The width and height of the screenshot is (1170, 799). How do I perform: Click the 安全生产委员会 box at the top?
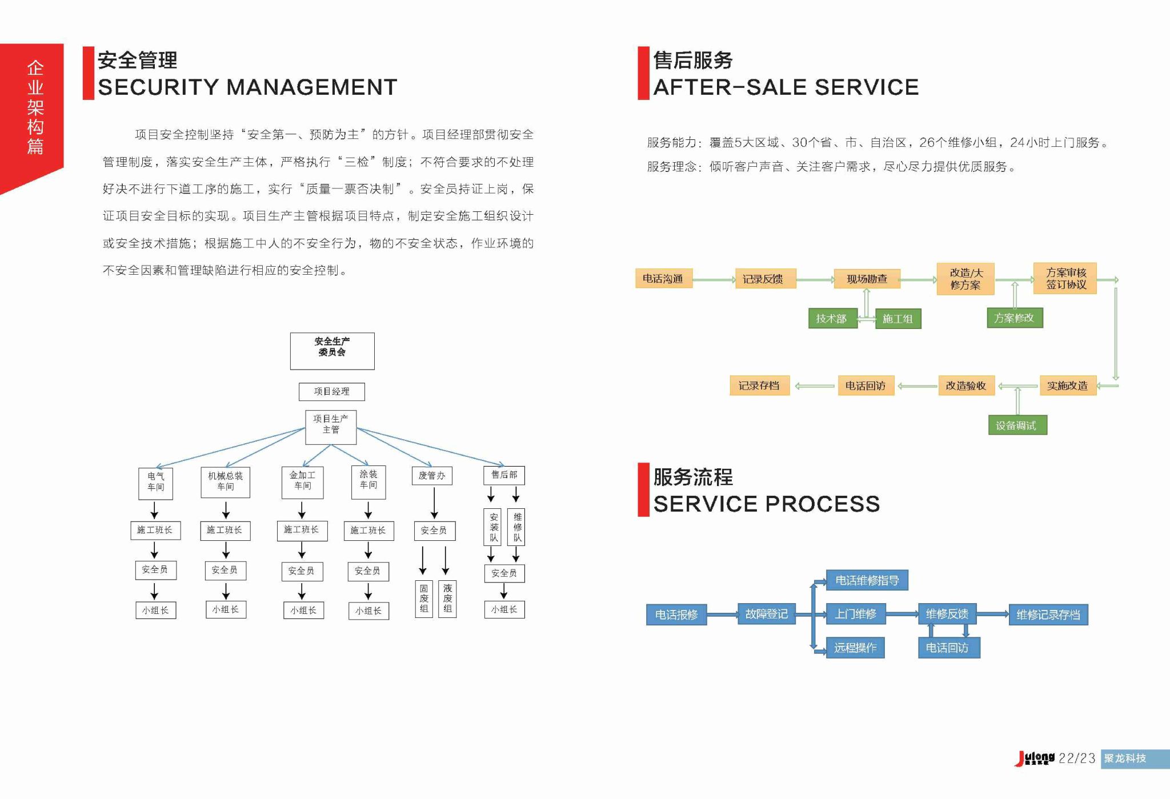pyautogui.click(x=332, y=351)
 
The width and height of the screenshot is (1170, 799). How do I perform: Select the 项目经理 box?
pyautogui.click(x=331, y=391)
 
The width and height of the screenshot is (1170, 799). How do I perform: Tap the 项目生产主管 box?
pyautogui.click(x=331, y=427)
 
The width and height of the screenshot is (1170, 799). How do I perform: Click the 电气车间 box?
pyautogui.click(x=155, y=483)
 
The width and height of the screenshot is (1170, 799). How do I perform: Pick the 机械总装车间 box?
pyautogui.click(x=225, y=481)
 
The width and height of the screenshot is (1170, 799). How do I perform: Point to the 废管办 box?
pyautogui.click(x=432, y=476)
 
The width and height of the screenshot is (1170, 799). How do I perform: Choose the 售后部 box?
pyautogui.click(x=504, y=475)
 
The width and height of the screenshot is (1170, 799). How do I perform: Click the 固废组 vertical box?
pyautogui.click(x=423, y=599)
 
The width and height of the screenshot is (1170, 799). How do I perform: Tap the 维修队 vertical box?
pyautogui.click(x=516, y=527)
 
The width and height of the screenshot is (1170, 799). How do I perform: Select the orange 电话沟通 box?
pyautogui.click(x=663, y=279)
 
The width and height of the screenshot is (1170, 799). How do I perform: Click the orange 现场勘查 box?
pyautogui.click(x=867, y=279)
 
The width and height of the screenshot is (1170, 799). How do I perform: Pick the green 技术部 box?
pyautogui.click(x=832, y=319)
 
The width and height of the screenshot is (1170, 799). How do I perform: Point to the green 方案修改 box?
pyautogui.click(x=1015, y=318)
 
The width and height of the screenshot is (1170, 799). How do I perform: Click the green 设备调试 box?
pyautogui.click(x=1017, y=425)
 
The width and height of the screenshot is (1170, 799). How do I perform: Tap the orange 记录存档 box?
pyautogui.click(x=759, y=386)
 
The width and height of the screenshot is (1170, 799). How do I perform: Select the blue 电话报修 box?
pyautogui.click(x=676, y=615)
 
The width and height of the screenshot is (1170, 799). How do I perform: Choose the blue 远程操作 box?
pyautogui.click(x=855, y=647)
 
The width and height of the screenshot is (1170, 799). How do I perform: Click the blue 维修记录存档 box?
pyautogui.click(x=1048, y=615)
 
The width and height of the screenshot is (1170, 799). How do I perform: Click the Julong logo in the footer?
pyautogui.click(x=1035, y=758)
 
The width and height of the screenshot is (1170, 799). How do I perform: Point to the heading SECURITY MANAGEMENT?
pyautogui.click(x=247, y=87)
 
